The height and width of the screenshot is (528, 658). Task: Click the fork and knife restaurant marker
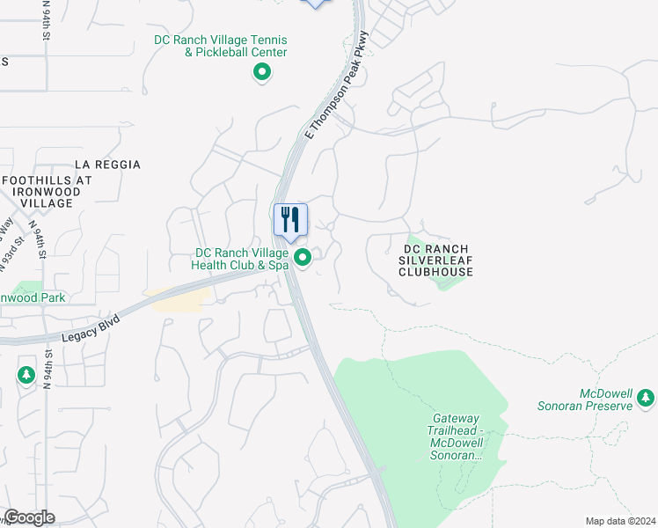(290, 220)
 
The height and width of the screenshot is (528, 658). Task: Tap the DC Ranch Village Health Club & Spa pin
(303, 258)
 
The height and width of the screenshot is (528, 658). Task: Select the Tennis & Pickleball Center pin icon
(261, 73)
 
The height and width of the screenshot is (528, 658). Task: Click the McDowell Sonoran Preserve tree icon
(647, 398)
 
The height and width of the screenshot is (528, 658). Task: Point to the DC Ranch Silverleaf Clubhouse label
(436, 260)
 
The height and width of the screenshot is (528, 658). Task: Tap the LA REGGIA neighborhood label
(107, 165)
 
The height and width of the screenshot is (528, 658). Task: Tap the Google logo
(29, 517)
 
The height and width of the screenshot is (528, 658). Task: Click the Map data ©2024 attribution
(620, 521)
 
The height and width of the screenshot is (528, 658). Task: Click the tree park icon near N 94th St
(26, 376)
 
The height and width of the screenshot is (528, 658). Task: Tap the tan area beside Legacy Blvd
(179, 299)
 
